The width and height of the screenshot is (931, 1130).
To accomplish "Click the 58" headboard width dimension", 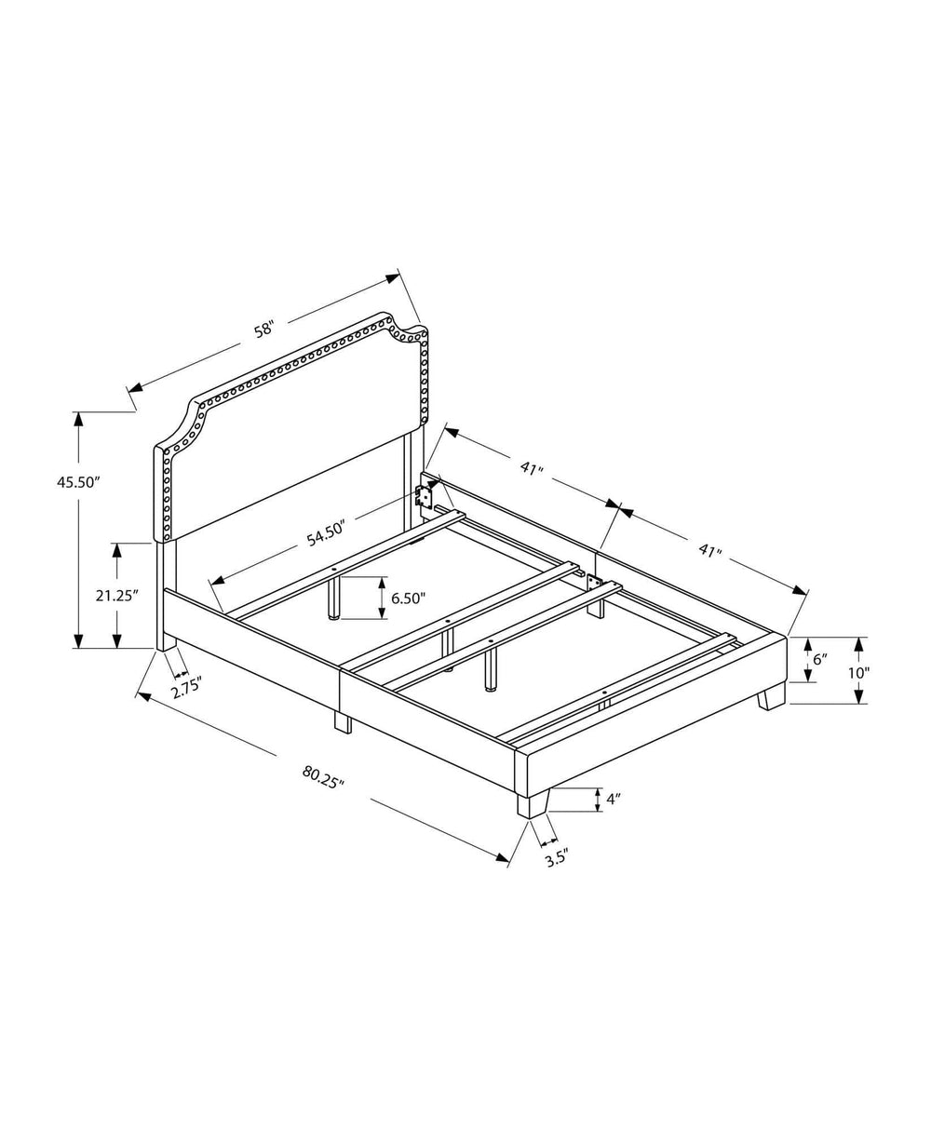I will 264,329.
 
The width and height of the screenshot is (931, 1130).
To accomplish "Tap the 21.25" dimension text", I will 117,596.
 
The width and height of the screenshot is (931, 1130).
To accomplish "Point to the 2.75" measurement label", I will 187,690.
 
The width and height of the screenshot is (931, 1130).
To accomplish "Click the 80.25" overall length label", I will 323,775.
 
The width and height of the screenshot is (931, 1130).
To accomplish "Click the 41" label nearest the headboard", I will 532,469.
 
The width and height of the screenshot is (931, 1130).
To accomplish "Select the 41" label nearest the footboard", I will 710,551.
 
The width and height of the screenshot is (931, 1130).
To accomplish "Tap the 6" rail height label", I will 820,659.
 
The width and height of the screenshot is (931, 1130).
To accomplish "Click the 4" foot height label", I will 613,799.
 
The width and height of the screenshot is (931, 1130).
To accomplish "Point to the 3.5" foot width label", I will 557,859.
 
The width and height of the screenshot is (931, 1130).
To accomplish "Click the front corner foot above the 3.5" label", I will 533,802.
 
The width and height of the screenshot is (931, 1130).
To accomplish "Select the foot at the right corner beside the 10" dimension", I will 771,696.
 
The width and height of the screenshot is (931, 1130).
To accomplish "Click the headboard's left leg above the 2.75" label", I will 166,596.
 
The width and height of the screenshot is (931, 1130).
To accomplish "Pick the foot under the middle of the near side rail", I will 343,721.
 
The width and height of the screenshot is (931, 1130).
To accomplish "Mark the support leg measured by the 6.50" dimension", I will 331,598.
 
